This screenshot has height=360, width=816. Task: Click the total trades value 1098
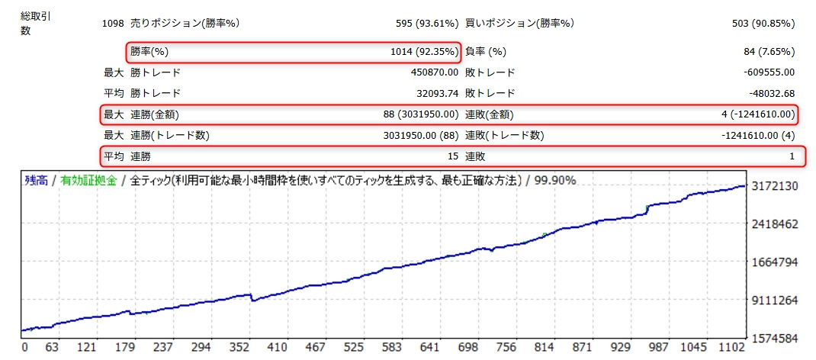(x=112, y=23)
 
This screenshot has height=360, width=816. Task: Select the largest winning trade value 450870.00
(x=434, y=72)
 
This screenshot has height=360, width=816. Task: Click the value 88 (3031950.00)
(x=421, y=115)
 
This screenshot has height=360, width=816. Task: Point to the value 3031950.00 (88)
(x=421, y=136)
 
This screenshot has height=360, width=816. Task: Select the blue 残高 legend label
(x=35, y=182)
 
